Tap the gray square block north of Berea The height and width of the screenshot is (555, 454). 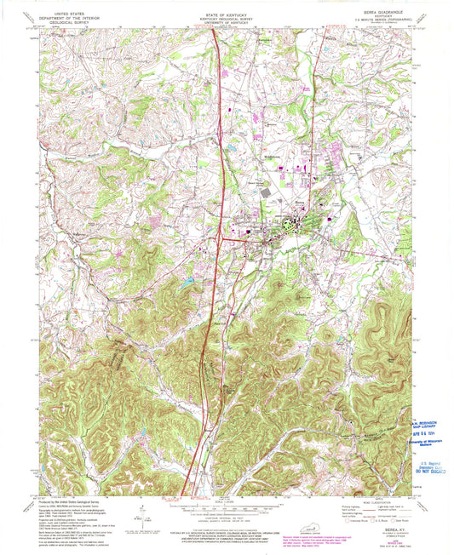264,195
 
